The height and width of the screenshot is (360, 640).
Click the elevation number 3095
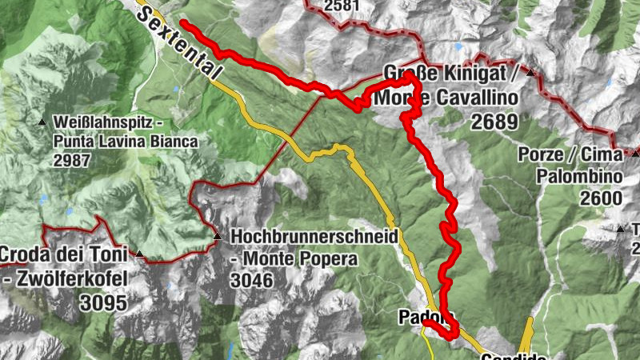point(103,302)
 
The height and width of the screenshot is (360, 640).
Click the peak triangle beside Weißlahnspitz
point(42,122)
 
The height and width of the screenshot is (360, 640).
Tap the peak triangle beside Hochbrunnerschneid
point(218,237)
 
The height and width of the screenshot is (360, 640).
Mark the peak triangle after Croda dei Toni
point(140,255)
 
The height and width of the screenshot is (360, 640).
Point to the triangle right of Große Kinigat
point(530,73)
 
